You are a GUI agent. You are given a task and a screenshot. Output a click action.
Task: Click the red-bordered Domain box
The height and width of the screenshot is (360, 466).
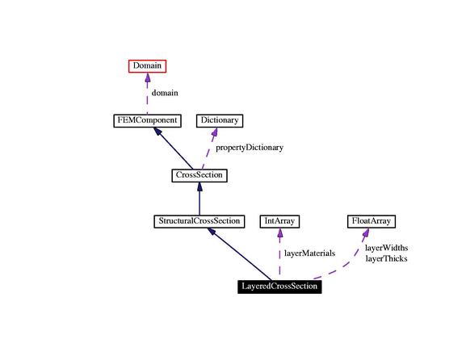pyautogui.click(x=148, y=66)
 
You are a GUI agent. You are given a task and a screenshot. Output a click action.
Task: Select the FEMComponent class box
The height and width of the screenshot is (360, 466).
pyautogui.click(x=148, y=120)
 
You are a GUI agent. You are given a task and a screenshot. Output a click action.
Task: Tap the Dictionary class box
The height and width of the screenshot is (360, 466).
pyautogui.click(x=220, y=120)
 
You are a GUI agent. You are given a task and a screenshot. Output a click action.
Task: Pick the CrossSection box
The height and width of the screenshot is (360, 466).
pyautogui.click(x=199, y=175)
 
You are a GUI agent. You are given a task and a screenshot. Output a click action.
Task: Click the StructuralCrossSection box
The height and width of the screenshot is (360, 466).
pyautogui.click(x=199, y=221)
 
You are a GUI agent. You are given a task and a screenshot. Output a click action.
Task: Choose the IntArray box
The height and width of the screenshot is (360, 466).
pyautogui.click(x=279, y=221)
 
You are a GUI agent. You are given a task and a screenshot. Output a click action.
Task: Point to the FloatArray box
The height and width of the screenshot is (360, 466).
pyautogui.click(x=372, y=221)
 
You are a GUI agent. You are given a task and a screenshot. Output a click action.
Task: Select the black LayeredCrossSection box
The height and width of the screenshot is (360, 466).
pyautogui.click(x=279, y=287)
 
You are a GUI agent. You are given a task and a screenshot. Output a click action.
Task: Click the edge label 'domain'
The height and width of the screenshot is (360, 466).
pyautogui.click(x=165, y=93)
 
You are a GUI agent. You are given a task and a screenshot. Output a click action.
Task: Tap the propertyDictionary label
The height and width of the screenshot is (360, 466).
pyautogui.click(x=250, y=148)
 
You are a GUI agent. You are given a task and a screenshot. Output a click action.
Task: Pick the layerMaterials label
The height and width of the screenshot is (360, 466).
pyautogui.click(x=310, y=253)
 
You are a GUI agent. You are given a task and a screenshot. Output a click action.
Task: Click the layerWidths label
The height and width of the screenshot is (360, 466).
pyautogui.click(x=386, y=248)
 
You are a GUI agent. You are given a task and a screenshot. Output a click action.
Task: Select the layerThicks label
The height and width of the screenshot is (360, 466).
pyautogui.click(x=386, y=259)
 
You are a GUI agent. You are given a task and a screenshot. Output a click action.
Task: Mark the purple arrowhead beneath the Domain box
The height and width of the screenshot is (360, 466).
pyautogui.click(x=148, y=77)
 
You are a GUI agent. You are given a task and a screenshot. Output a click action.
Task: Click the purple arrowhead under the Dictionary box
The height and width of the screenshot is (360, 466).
pyautogui.click(x=215, y=132)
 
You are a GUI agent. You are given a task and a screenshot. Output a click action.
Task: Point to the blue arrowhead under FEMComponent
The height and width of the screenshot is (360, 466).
pyautogui.click(x=157, y=132)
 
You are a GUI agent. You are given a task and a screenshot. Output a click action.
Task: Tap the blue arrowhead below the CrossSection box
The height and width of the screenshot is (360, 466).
pyautogui.click(x=199, y=186)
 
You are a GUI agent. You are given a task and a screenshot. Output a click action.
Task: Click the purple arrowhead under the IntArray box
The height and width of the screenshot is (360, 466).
pyautogui.click(x=279, y=233)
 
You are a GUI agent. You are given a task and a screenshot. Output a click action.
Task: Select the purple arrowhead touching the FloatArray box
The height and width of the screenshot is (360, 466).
pyautogui.click(x=366, y=232)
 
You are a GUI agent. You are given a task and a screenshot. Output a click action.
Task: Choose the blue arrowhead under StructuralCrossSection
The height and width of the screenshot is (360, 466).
pyautogui.click(x=212, y=232)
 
